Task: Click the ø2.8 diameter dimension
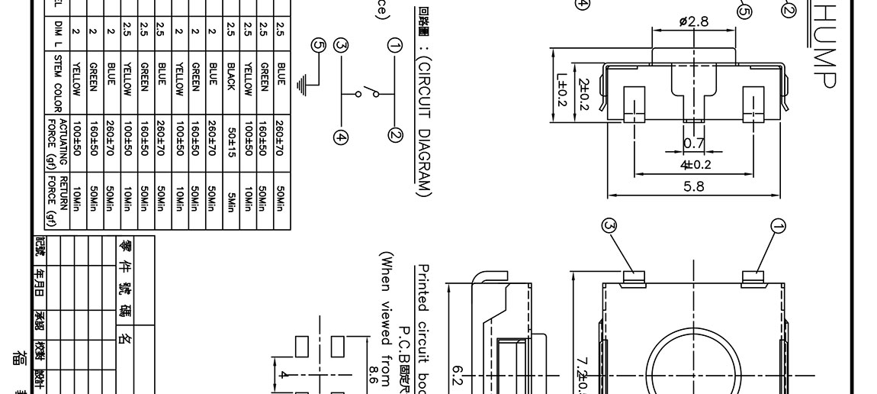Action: pyautogui.click(x=693, y=21)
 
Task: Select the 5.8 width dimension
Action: pyautogui.click(x=694, y=186)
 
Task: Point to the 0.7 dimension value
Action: pyautogui.click(x=694, y=144)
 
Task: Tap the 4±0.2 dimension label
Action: pyautogui.click(x=695, y=164)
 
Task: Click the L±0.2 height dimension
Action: pyautogui.click(x=562, y=89)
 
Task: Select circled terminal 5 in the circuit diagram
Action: pyautogui.click(x=319, y=45)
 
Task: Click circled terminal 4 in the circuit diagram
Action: pyautogui.click(x=340, y=137)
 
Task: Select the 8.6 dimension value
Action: pyautogui.click(x=373, y=374)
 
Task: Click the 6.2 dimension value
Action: pyautogui.click(x=458, y=374)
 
